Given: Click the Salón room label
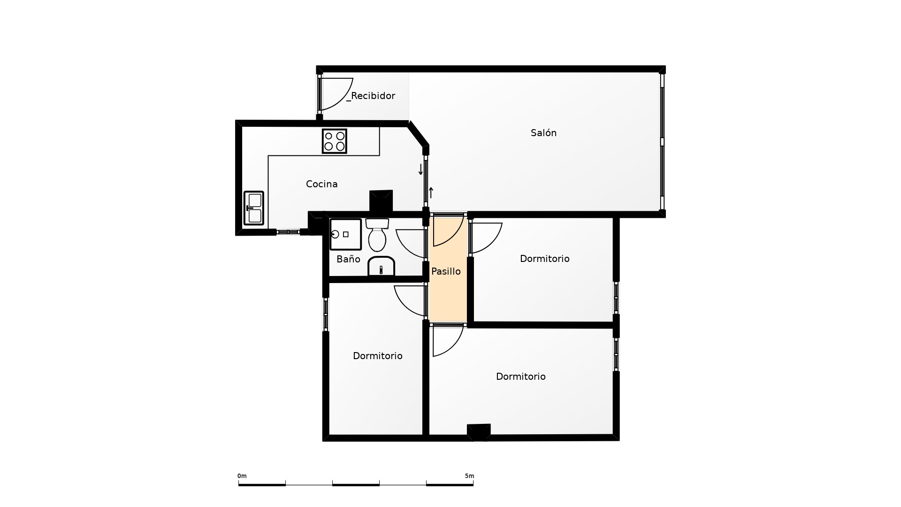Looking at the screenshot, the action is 543,133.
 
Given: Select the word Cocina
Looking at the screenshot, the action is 322,184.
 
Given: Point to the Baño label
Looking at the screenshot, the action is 348,259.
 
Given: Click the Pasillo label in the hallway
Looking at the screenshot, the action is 446,271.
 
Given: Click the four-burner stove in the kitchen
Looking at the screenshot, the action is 335,141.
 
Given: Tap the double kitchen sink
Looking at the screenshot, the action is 254,208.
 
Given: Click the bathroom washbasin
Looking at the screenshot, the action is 381,266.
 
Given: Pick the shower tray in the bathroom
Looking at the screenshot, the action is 346,234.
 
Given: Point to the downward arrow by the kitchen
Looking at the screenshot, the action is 420,169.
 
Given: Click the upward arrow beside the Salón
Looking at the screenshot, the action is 431,192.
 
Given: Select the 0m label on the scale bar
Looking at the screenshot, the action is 242,476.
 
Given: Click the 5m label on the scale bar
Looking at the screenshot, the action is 469,476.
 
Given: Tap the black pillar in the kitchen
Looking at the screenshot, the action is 381,201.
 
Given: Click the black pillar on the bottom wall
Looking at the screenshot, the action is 479,432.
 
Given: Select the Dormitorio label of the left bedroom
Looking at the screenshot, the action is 378,356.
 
